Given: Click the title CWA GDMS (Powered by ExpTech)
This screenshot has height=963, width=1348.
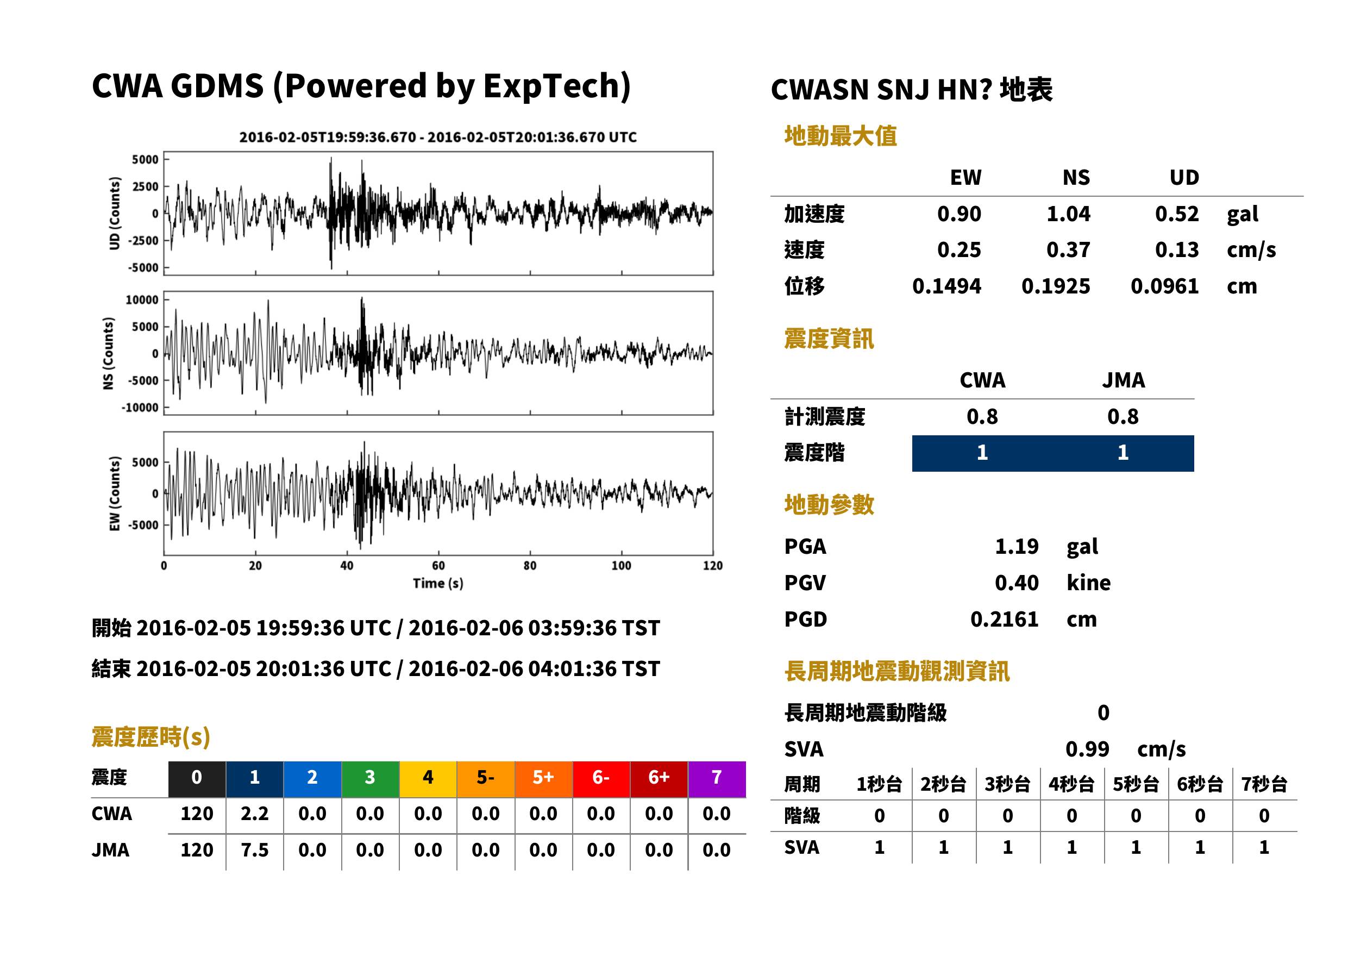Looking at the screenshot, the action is [361, 86].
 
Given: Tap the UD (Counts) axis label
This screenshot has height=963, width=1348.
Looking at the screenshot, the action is [115, 214].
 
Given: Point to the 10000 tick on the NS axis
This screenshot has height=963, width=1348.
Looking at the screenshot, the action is [142, 299].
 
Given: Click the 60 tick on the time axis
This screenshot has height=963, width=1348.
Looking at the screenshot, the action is [438, 566].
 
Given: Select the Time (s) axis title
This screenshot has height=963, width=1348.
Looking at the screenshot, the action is [438, 584].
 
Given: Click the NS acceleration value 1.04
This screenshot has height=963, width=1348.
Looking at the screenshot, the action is [1068, 214].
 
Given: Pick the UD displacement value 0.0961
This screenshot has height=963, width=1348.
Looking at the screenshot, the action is [1164, 286].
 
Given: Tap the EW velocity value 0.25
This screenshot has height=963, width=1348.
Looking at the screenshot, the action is [958, 249].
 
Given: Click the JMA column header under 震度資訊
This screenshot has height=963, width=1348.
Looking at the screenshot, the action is [1124, 380].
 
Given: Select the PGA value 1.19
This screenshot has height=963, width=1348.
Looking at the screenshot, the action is [1017, 546].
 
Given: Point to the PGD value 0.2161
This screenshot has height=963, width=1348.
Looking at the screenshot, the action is [1004, 619].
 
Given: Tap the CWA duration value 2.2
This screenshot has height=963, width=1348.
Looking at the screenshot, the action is [254, 814].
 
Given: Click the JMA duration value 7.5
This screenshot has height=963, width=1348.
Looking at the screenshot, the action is [254, 850].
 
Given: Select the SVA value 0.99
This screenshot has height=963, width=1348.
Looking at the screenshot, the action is [1087, 749].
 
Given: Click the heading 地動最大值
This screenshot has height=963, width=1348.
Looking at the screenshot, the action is [841, 136].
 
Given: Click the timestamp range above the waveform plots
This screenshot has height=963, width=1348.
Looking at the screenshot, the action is [438, 137].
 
